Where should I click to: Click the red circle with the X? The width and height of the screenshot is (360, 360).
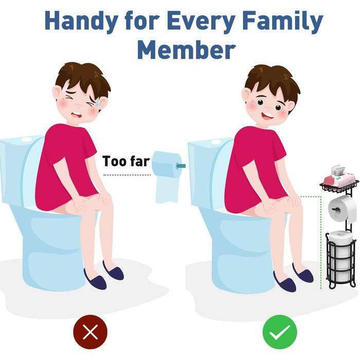pyautogui.click(x=90, y=332)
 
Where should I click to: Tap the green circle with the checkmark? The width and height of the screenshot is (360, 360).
pyautogui.click(x=280, y=332)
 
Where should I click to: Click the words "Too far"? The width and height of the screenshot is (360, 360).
pyautogui.click(x=126, y=161)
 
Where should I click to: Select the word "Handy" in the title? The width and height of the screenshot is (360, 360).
pyautogui.click(x=81, y=21)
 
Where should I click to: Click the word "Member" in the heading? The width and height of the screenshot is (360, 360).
pyautogui.click(x=186, y=49)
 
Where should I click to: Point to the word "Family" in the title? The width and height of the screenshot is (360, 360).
pyautogui.click(x=282, y=21)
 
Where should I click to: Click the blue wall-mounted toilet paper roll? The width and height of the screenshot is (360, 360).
pyautogui.click(x=168, y=177)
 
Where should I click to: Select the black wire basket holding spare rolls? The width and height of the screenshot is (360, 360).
pyautogui.click(x=341, y=259)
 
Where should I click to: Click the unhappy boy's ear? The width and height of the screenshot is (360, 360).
pyautogui.click(x=57, y=93)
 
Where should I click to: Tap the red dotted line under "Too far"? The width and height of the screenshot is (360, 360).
pyautogui.click(x=127, y=175)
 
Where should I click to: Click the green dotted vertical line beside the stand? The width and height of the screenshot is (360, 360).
pyautogui.click(x=321, y=242)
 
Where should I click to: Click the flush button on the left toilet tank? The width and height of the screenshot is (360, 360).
pyautogui.click(x=26, y=139)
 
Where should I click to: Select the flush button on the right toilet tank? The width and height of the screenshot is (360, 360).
pyautogui.click(x=215, y=141)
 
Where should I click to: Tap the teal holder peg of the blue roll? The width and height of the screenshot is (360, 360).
pyautogui.click(x=181, y=166)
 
